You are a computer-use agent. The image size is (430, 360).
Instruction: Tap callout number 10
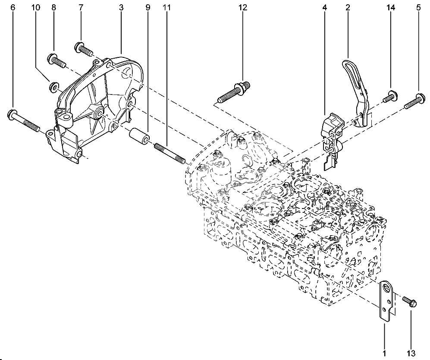click(x=35, y=8)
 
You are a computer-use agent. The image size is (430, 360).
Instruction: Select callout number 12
click(x=243, y=8)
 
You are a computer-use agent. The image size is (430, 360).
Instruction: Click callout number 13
click(x=411, y=353)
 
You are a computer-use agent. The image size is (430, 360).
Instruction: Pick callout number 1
click(x=385, y=353)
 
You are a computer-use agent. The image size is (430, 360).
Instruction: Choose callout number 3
click(x=121, y=8)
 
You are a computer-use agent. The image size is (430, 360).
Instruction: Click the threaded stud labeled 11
click(x=169, y=153)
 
